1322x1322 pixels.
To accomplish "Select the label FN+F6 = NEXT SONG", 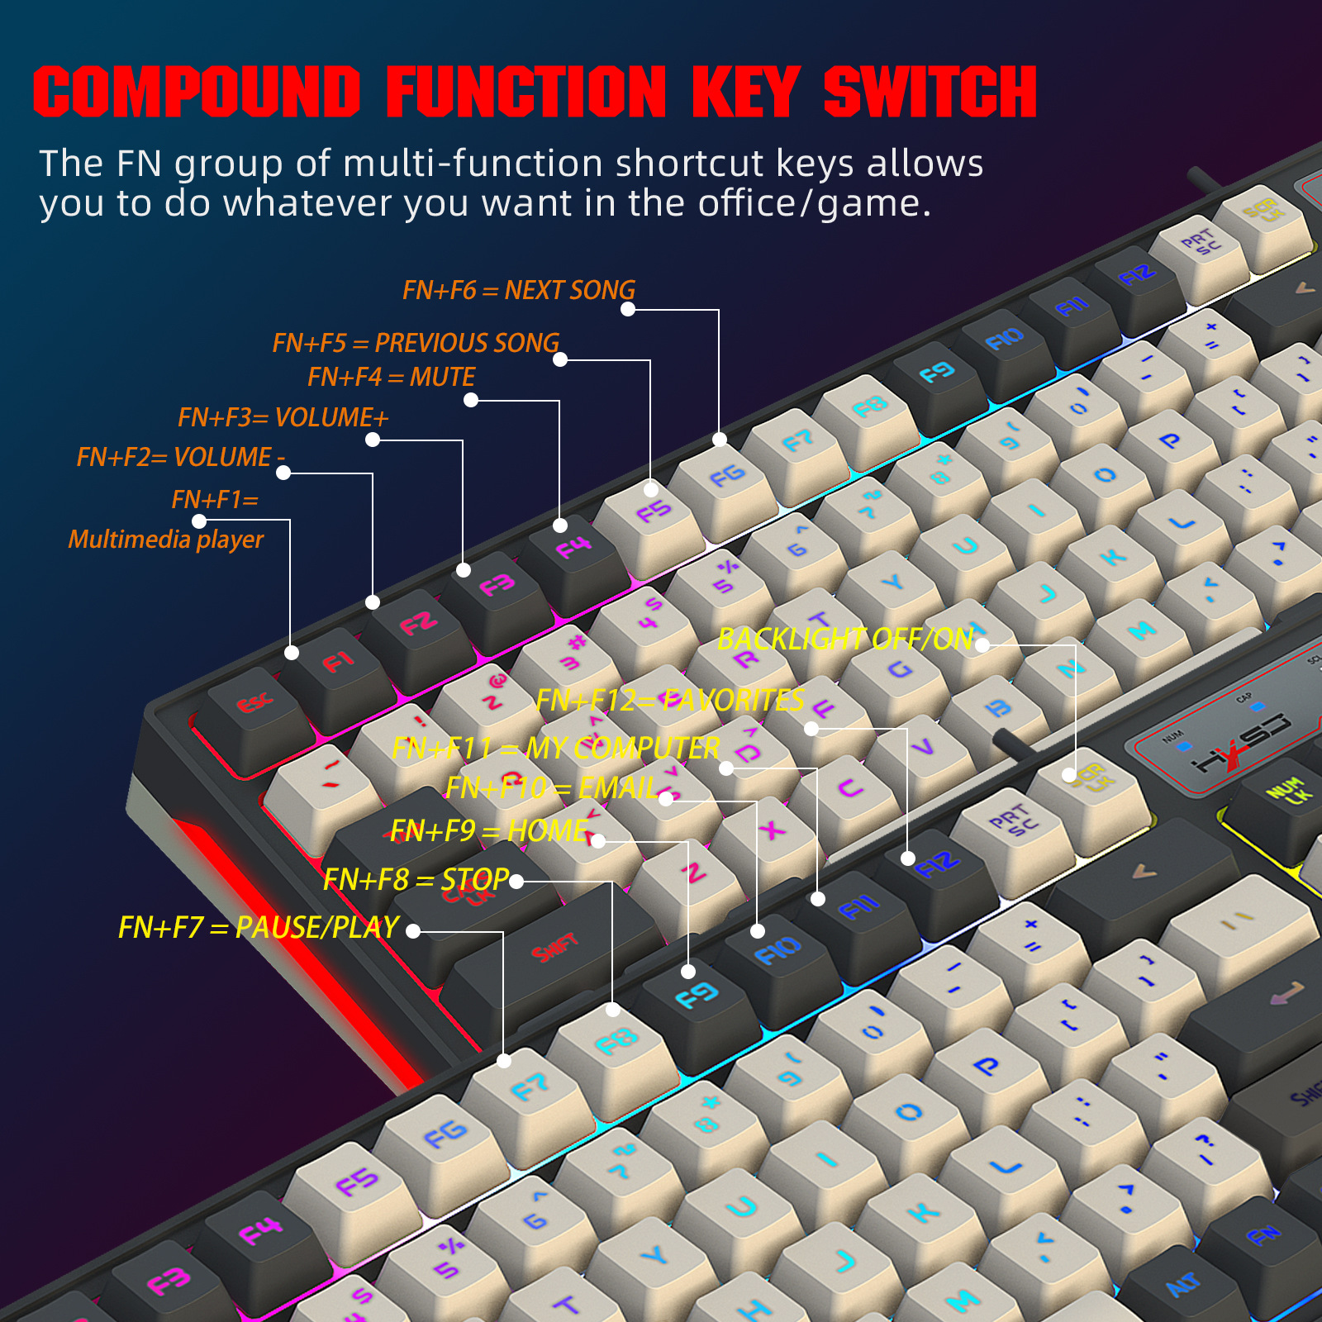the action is [518, 290].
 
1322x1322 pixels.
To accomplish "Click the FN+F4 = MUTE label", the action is [391, 377].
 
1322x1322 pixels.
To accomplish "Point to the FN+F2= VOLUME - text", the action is [180, 457].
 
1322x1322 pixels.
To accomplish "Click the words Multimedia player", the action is [165, 540].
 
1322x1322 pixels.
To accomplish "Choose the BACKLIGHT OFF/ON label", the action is [844, 639].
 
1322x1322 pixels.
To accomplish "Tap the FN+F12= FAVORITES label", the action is [669, 700].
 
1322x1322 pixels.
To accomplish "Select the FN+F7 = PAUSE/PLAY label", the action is [259, 927].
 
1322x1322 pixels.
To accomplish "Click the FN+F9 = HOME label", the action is [489, 830].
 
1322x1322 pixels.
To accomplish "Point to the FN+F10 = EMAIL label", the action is [551, 787].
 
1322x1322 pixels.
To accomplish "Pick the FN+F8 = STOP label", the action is [416, 879].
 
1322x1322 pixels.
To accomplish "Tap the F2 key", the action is [417, 625].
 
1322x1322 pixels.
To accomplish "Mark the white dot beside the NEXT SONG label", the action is [628, 309].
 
